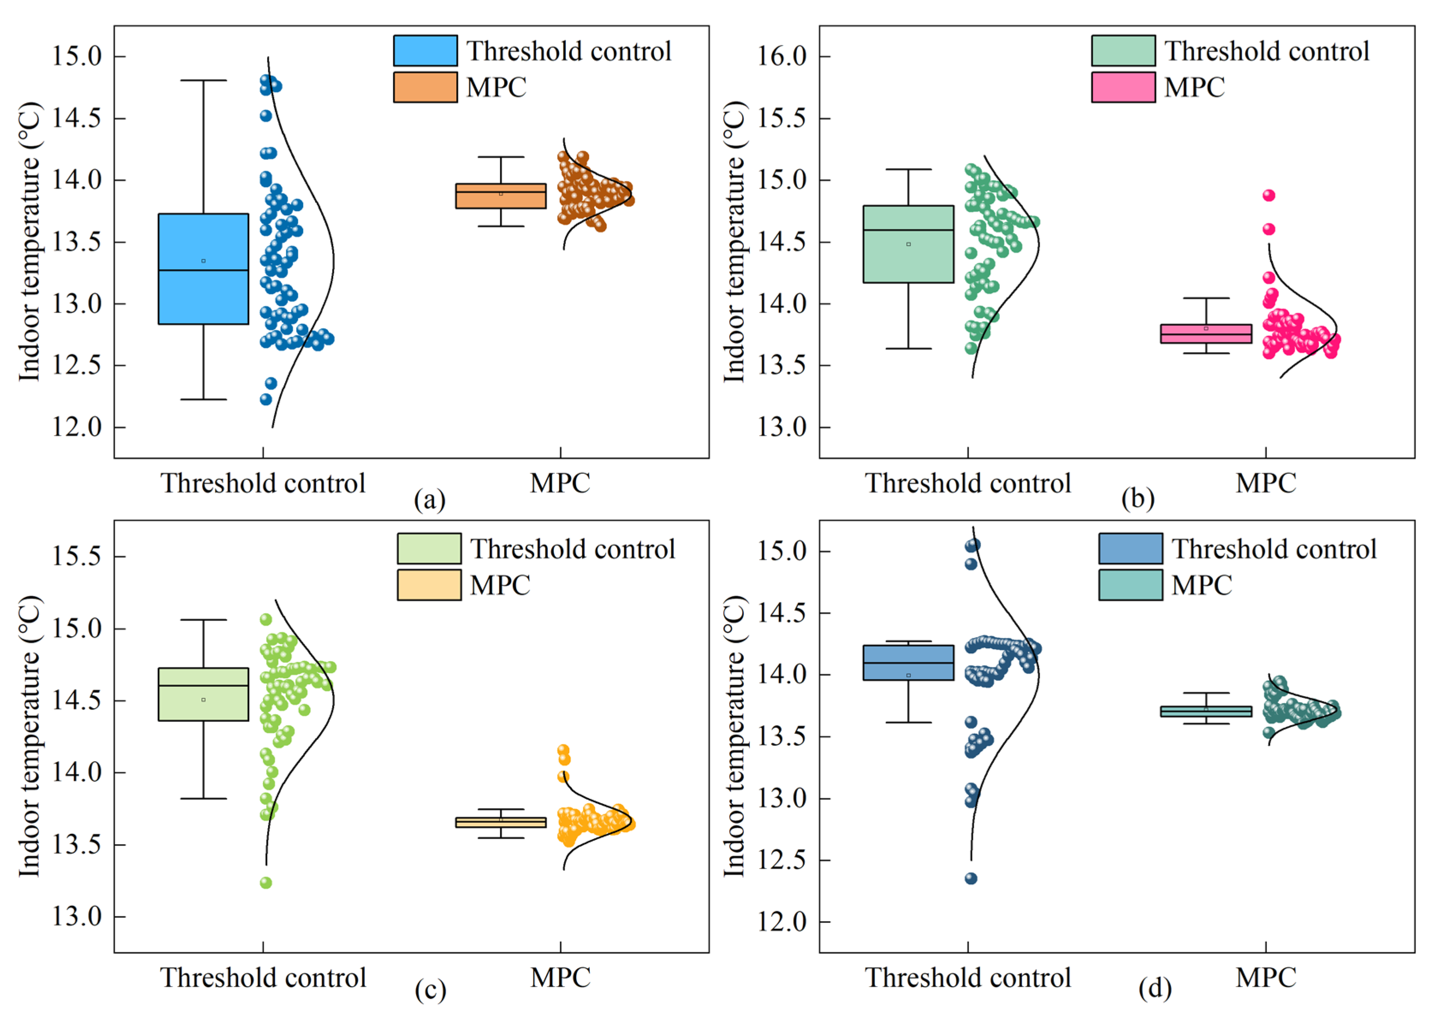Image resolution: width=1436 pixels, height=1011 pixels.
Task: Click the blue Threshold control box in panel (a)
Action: click(203, 269)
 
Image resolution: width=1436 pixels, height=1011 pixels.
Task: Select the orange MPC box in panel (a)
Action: click(500, 196)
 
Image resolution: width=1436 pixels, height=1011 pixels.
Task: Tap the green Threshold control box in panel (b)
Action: click(908, 244)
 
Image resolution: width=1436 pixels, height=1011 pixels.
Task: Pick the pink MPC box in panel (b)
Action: click(1206, 333)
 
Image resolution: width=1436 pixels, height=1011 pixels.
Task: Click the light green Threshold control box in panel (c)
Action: click(203, 694)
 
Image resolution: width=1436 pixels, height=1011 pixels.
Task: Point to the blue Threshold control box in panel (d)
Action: click(908, 662)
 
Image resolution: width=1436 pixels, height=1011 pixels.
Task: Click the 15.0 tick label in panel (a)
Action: click(76, 56)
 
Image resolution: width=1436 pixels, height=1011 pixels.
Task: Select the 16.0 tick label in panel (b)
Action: click(782, 56)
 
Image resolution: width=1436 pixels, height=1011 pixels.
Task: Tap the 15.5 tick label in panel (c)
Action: click(76, 556)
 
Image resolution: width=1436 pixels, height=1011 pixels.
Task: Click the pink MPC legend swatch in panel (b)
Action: click(1123, 87)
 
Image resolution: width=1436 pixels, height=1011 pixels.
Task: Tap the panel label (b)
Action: click(1137, 499)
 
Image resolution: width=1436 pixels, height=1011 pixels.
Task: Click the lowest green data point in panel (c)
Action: click(266, 882)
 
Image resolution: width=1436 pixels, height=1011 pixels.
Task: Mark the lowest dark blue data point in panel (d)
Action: click(971, 878)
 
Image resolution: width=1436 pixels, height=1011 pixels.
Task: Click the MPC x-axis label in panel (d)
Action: click(1266, 977)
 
